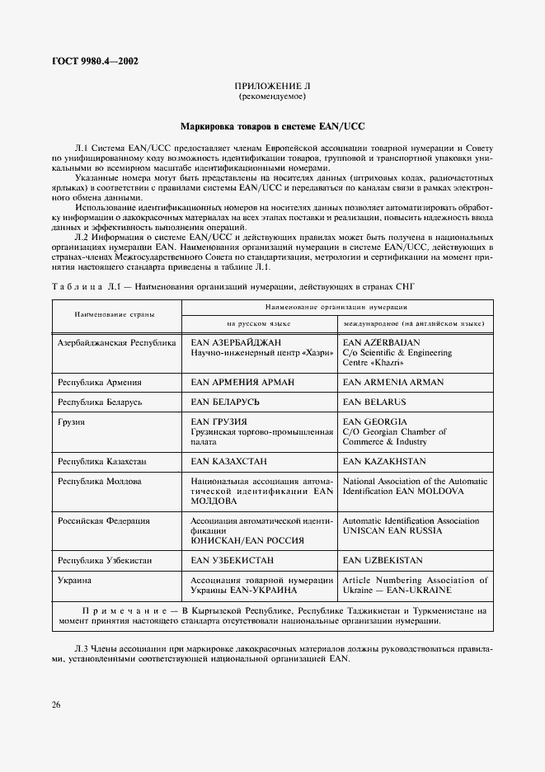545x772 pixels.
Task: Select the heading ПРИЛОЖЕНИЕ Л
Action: coord(271,86)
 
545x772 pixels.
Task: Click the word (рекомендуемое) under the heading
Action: coord(271,96)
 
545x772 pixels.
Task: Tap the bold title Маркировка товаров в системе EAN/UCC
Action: coord(272,127)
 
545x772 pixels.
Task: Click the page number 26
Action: coord(55,704)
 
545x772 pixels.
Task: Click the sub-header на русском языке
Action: coord(259,323)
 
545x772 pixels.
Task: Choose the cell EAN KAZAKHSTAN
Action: coord(384,461)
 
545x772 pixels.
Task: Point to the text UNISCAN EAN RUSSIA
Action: coord(392,530)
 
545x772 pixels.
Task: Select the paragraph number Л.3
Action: coord(82,648)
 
